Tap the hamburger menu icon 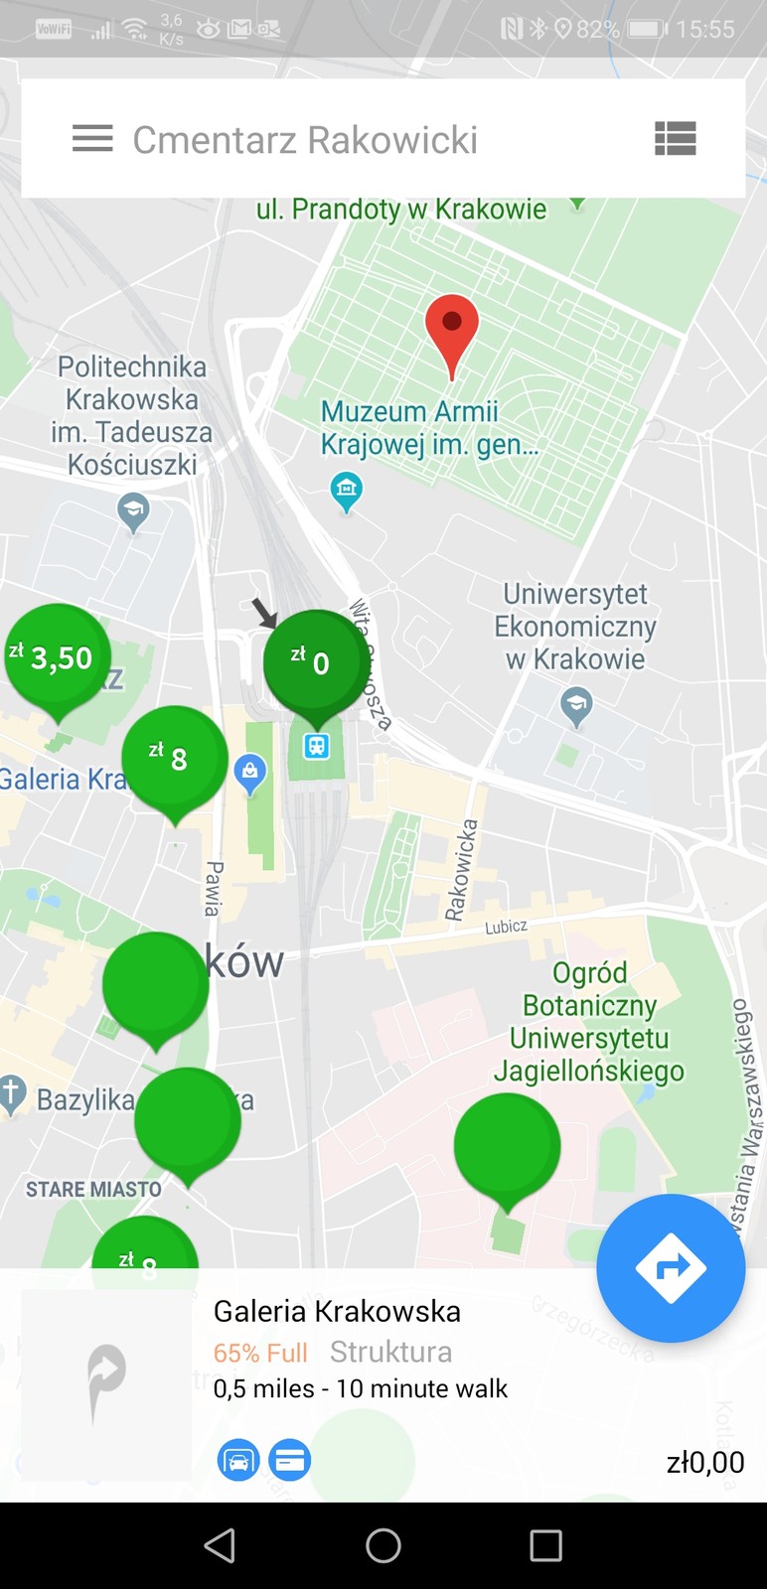[92, 139]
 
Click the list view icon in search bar [675, 139]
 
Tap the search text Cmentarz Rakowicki [305, 140]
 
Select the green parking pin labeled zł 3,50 [58, 656]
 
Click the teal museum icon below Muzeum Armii [346, 490]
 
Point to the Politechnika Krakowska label [131, 415]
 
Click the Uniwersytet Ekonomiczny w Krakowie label [576, 627]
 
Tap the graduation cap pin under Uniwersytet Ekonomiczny [576, 706]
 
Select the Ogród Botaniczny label [589, 1022]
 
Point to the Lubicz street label [506, 927]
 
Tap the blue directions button [671, 1268]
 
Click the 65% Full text [260, 1353]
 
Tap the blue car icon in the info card [238, 1460]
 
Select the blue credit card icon [290, 1460]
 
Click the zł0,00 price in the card [704, 1462]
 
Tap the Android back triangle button [220, 1545]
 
